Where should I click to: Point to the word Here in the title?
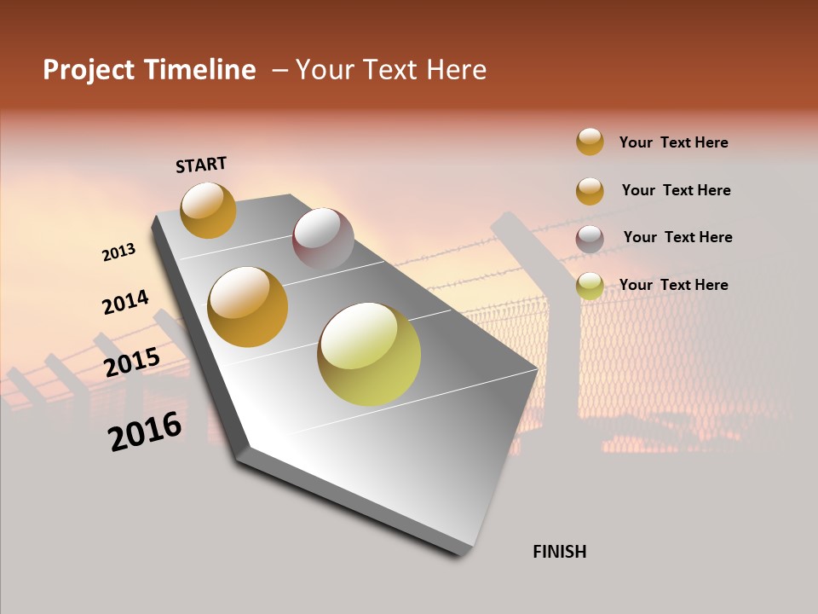tap(456, 70)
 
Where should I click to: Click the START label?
tap(201, 165)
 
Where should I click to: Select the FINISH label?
tap(560, 552)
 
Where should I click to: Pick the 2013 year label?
tap(118, 252)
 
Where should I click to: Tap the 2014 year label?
tap(125, 302)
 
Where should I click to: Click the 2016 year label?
tap(145, 431)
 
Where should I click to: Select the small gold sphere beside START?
tap(208, 210)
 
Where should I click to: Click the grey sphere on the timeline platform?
tap(323, 238)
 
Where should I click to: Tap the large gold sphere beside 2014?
tap(247, 307)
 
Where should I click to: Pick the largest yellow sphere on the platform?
tap(369, 354)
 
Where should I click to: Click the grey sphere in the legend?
tap(590, 239)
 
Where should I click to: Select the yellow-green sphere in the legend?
tap(590, 287)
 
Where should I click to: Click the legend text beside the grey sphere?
tap(677, 237)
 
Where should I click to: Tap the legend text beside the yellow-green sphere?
tap(673, 285)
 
